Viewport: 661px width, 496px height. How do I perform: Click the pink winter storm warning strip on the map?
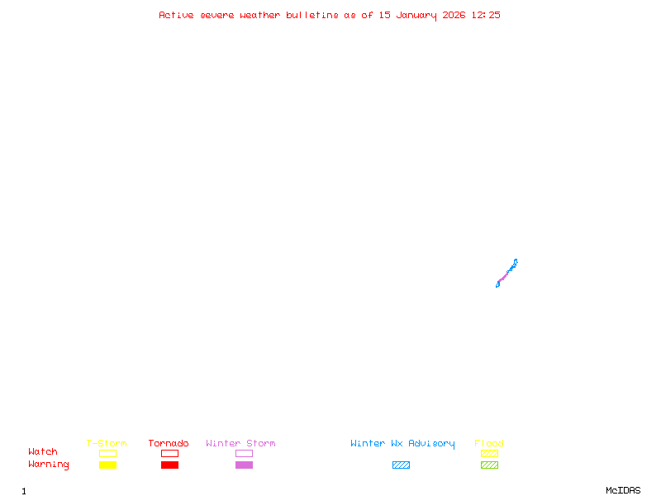503,275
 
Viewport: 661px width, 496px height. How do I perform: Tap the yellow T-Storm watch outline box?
107,453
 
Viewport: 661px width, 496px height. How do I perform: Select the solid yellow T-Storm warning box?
107,465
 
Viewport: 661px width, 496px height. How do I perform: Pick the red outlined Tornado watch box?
169,453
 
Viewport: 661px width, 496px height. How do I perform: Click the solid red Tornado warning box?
169,465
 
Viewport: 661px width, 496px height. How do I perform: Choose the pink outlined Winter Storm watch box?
244,453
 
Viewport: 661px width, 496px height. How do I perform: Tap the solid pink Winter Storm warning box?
244,465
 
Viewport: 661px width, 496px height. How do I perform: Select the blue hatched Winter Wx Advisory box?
401,465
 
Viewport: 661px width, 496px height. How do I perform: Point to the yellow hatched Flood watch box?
489,453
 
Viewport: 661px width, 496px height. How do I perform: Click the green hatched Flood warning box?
489,465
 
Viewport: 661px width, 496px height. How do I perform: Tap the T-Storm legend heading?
107,443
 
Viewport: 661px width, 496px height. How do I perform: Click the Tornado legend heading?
169,443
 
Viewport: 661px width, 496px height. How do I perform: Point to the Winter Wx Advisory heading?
402,443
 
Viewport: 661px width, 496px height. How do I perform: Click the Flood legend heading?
489,443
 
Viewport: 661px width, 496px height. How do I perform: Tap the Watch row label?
43,452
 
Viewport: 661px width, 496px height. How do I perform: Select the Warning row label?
49,465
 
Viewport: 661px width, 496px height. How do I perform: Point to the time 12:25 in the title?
486,15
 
